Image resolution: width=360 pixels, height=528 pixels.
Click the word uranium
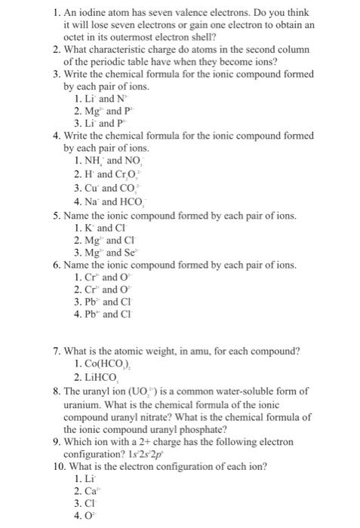[x=85, y=402]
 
